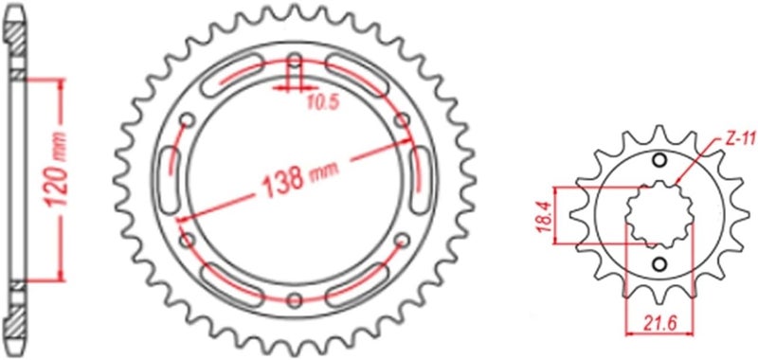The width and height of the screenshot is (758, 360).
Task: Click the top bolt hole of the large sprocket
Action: click(x=295, y=60)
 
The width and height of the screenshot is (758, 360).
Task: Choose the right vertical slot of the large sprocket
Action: click(x=416, y=179)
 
